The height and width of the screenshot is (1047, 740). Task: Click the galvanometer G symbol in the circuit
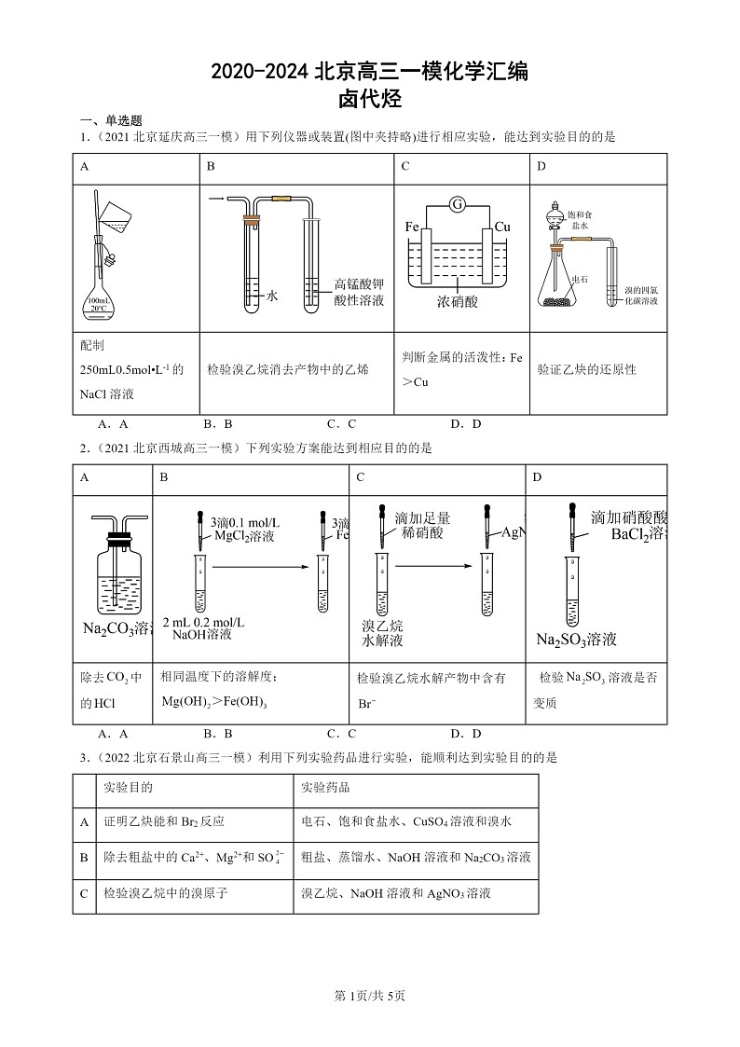click(457, 204)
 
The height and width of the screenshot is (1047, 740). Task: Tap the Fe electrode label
click(412, 227)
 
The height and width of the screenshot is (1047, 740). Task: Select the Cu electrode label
click(502, 227)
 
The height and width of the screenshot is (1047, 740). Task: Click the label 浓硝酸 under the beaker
click(457, 301)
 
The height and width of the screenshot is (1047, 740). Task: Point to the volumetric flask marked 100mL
click(98, 289)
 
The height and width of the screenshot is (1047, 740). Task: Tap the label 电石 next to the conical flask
click(579, 278)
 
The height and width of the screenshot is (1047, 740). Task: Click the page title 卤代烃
click(370, 99)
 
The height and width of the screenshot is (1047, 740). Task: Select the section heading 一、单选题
click(111, 120)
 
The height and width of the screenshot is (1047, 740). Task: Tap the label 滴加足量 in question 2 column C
click(422, 517)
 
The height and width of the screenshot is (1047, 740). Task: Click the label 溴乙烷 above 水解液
click(382, 625)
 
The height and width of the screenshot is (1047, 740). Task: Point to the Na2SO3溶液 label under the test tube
click(576, 640)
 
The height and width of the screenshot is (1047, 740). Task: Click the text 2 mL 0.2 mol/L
click(203, 622)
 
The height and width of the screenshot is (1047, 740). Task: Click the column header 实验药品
click(325, 788)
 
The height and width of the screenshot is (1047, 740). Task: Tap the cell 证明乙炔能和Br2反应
click(164, 821)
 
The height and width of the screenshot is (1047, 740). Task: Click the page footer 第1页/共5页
click(370, 996)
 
